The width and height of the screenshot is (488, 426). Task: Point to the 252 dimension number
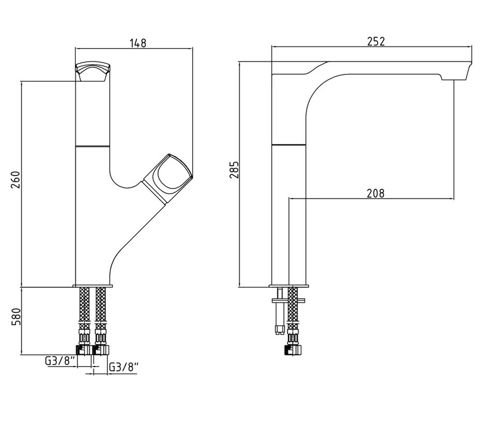click(x=375, y=41)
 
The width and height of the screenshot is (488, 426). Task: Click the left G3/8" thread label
click(x=61, y=361)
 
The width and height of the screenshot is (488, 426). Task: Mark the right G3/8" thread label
click(x=124, y=368)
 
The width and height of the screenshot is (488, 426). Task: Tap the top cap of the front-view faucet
click(x=93, y=69)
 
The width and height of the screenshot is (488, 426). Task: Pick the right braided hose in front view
click(x=101, y=310)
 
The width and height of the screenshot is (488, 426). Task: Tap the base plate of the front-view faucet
click(x=93, y=286)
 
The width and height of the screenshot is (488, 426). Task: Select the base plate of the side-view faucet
click(x=289, y=286)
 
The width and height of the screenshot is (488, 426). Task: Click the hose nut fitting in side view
click(x=294, y=349)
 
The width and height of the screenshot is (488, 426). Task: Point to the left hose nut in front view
click(x=84, y=349)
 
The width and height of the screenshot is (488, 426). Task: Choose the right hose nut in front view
click(x=101, y=349)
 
